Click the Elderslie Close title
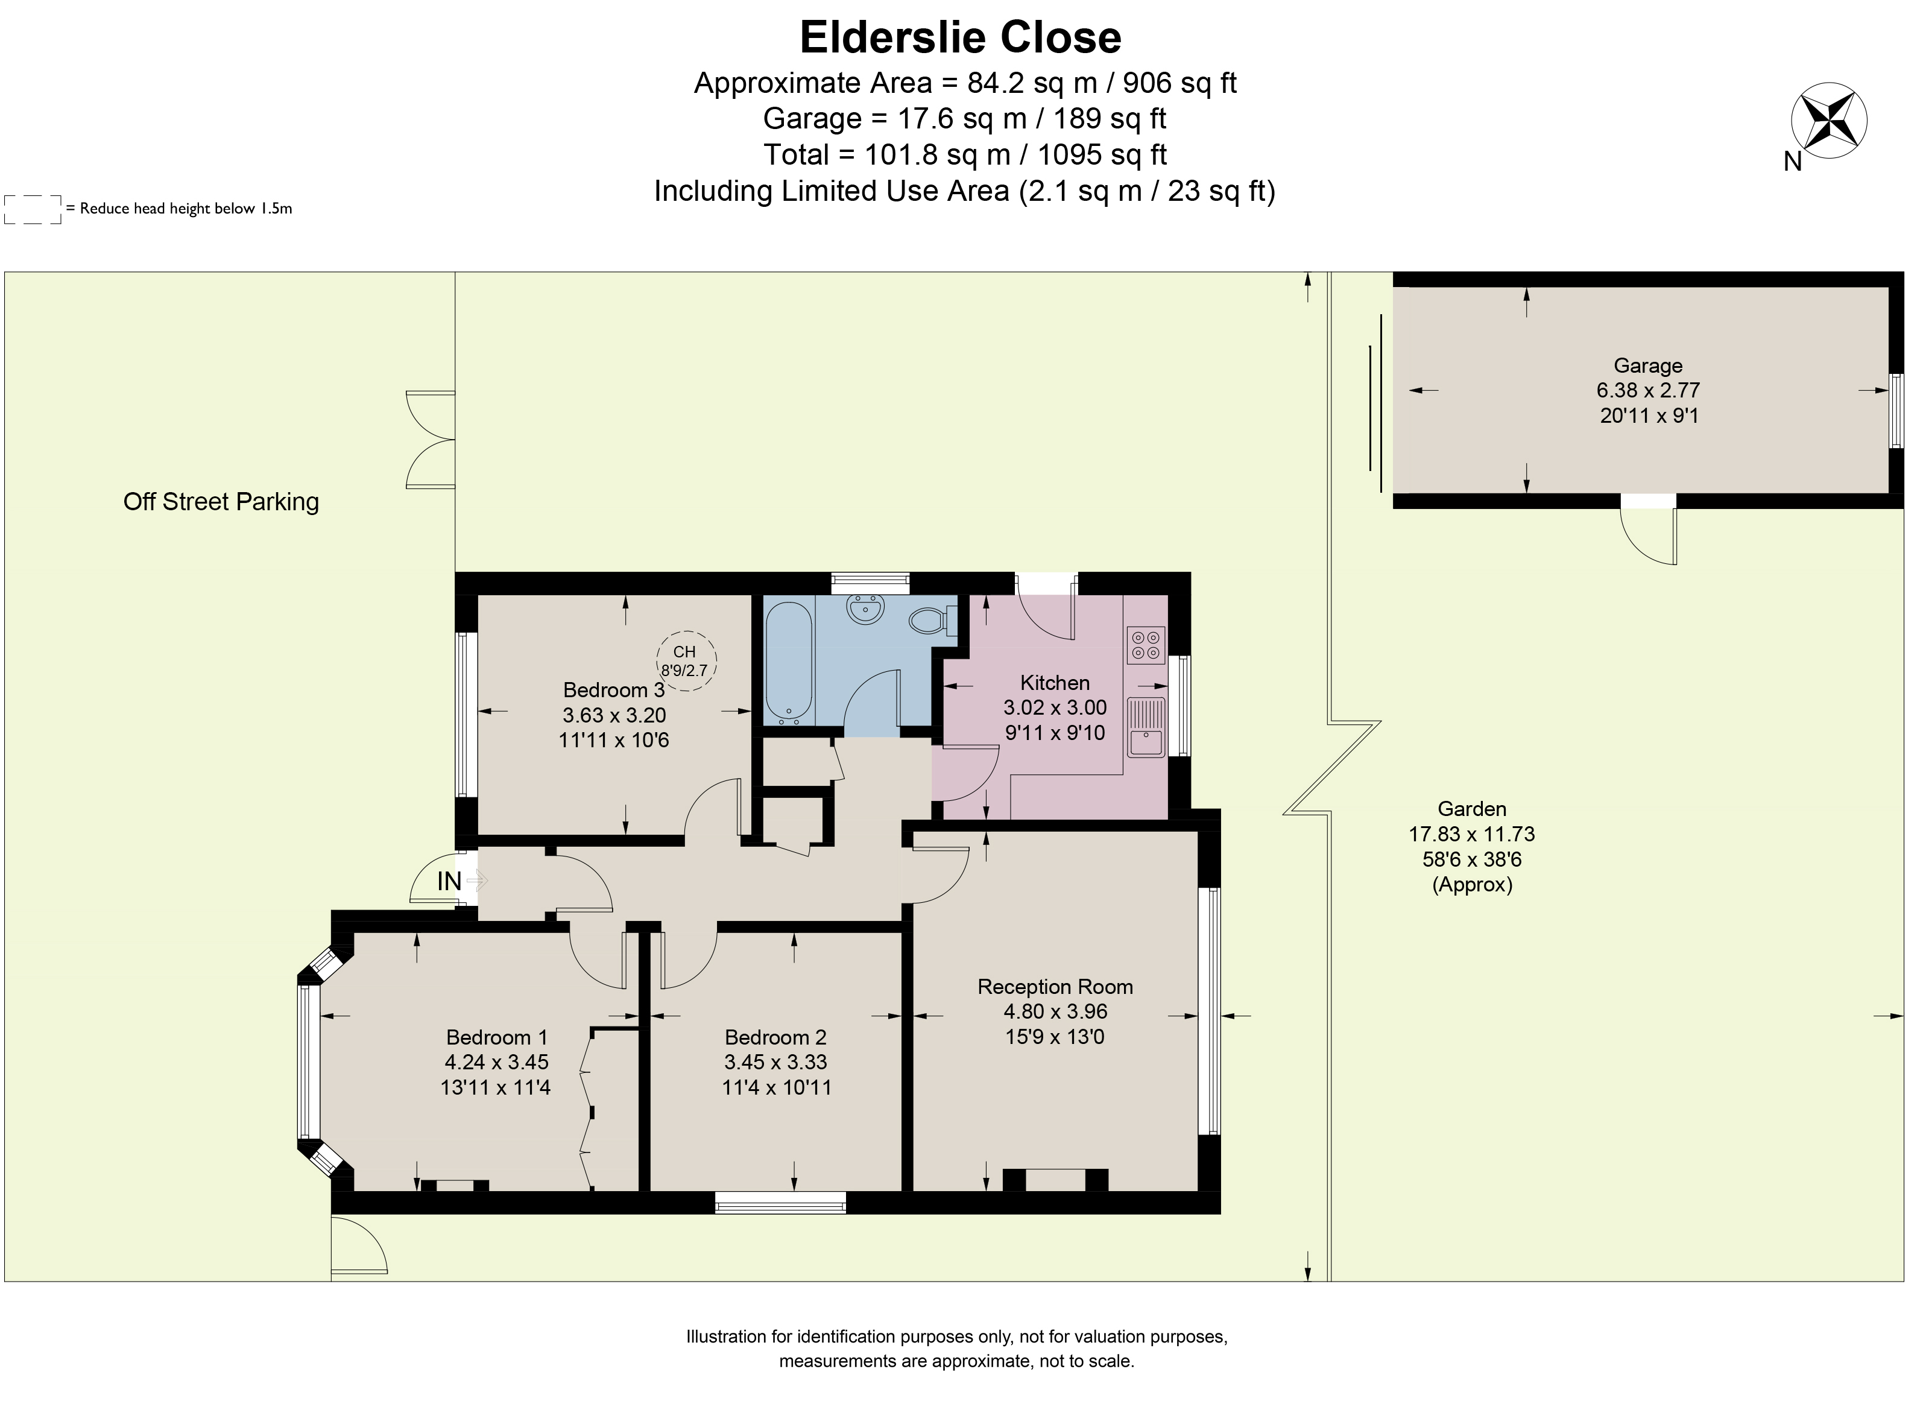tap(961, 38)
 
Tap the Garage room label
tap(1648, 365)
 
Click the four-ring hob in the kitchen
tap(1146, 645)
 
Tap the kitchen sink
tap(1146, 727)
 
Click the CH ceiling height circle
tap(686, 660)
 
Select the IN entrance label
tap(449, 882)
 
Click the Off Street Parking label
tap(221, 502)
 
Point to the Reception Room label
tap(1055, 986)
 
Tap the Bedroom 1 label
tap(497, 1037)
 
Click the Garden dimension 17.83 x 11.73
tap(1472, 835)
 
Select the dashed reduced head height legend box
tap(33, 209)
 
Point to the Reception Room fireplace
tap(1055, 1180)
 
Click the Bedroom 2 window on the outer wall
tap(780, 1203)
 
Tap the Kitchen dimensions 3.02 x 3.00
tap(1055, 707)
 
